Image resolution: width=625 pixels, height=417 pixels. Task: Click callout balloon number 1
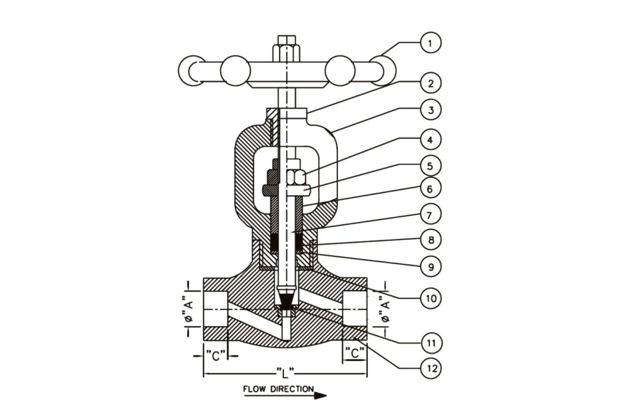click(431, 43)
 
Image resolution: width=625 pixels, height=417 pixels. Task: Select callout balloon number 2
click(431, 83)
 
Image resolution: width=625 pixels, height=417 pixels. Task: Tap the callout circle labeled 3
click(431, 110)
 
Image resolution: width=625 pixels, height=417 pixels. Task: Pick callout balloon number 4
click(431, 140)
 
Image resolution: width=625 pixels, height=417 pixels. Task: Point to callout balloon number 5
click(431, 166)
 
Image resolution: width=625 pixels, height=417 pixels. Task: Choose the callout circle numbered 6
click(431, 189)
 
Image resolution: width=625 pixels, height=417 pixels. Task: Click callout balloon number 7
click(431, 215)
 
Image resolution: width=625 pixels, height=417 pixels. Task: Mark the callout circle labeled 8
click(431, 239)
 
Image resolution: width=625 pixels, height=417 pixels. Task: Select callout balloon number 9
click(431, 266)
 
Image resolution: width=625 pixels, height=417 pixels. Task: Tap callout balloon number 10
click(431, 298)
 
